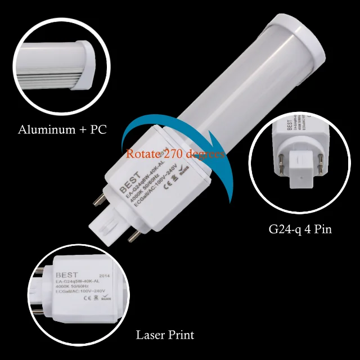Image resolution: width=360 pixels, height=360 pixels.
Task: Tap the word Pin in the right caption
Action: tap(322, 229)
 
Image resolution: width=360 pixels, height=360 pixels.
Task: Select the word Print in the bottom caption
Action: tap(181, 335)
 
